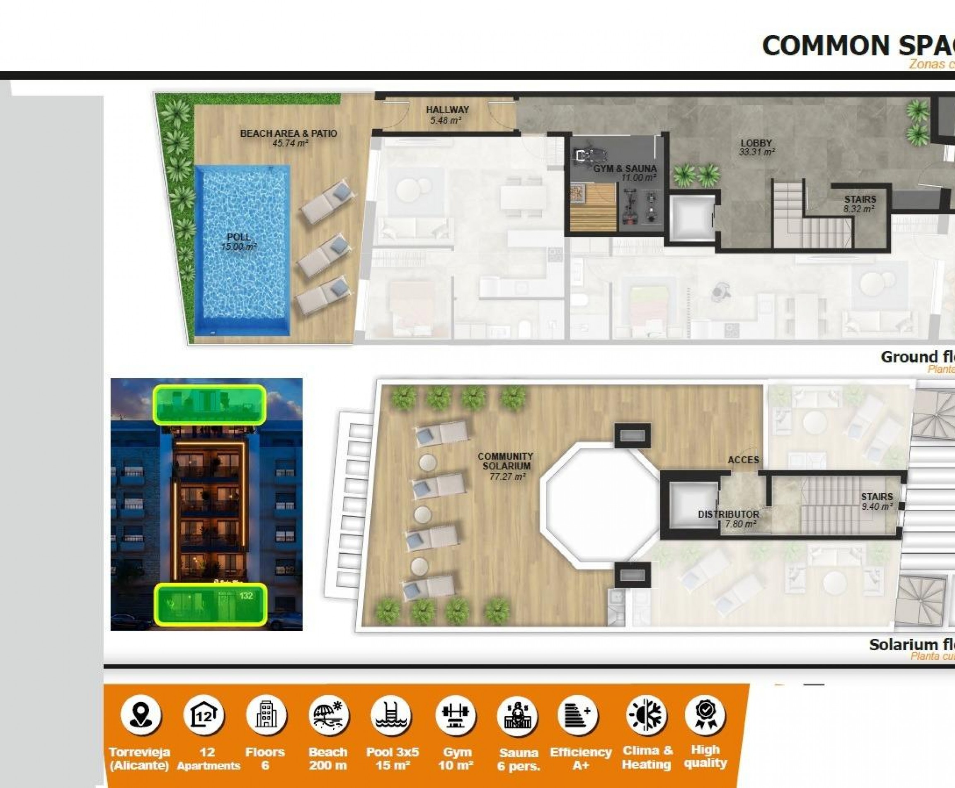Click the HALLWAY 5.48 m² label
click(447, 115)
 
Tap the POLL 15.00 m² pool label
click(239, 242)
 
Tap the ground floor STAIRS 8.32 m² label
click(860, 204)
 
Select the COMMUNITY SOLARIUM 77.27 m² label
click(506, 466)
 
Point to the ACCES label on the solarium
click(743, 460)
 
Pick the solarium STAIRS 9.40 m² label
click(877, 501)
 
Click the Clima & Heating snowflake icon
click(646, 715)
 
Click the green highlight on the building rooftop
click(209, 404)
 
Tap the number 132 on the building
click(246, 596)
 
